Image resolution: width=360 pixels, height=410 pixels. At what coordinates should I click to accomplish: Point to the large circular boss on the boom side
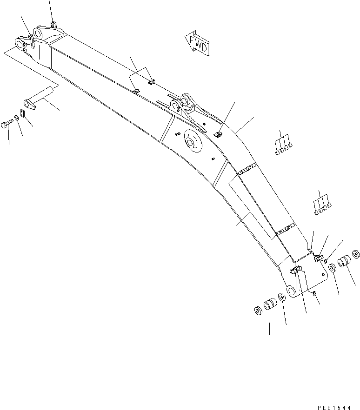click(193, 140)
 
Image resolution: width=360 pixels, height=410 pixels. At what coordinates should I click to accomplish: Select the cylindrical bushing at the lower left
click(270, 306)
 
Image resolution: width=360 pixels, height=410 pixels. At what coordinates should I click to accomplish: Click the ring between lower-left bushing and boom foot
click(282, 298)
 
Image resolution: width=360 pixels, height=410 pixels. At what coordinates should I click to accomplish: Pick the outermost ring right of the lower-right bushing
click(356, 254)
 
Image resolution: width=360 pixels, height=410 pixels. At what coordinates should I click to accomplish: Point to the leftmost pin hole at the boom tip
click(20, 44)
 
